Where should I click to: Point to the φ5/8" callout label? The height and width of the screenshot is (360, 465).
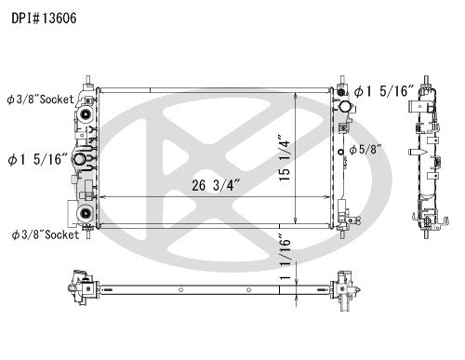tap(370, 150)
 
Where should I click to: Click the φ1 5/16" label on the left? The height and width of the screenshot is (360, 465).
tap(35, 159)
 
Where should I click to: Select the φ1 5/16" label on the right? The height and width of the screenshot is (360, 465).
tap(385, 90)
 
